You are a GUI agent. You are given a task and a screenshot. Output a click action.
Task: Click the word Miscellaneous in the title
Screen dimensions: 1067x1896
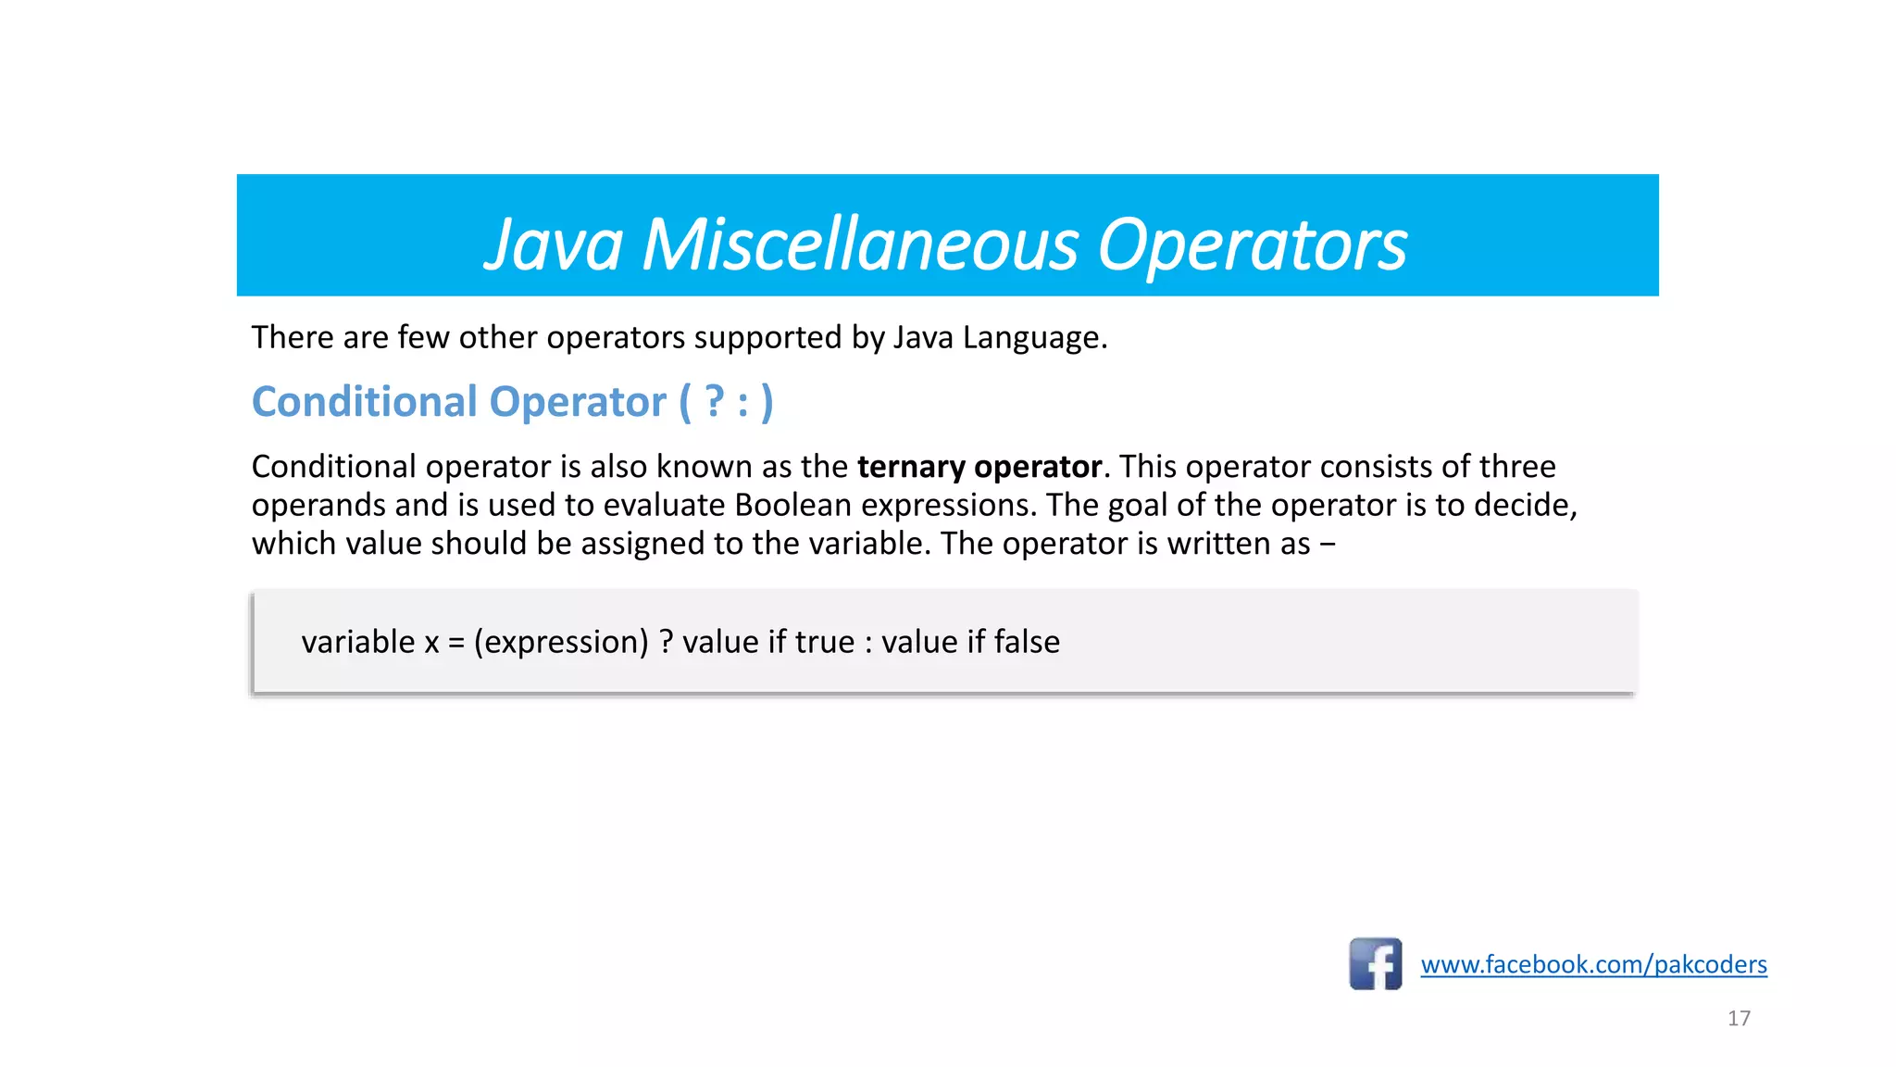(860, 245)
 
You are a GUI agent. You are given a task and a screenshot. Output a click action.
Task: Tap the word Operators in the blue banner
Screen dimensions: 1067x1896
(1252, 245)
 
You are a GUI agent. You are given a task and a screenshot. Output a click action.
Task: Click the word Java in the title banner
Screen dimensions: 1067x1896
(554, 245)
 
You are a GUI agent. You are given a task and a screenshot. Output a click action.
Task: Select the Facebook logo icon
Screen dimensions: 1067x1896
(1375, 964)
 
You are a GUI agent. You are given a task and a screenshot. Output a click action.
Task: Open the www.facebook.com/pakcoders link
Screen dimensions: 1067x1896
(1593, 964)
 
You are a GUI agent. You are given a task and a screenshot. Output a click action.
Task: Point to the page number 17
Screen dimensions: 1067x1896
(1739, 1018)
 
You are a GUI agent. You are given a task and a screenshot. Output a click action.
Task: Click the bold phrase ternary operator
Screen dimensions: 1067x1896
(979, 467)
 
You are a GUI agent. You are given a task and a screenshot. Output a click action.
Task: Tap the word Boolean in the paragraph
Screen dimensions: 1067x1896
(792, 506)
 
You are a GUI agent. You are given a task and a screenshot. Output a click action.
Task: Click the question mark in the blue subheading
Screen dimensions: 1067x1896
(714, 402)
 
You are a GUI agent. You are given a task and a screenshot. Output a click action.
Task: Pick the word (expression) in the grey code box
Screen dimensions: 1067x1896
(561, 642)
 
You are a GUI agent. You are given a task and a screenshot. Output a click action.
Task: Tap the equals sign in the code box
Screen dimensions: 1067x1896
(455, 643)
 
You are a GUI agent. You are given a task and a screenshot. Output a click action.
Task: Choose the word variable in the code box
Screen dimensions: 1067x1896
(358, 642)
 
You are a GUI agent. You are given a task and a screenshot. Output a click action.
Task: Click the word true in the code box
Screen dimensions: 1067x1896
(825, 642)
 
